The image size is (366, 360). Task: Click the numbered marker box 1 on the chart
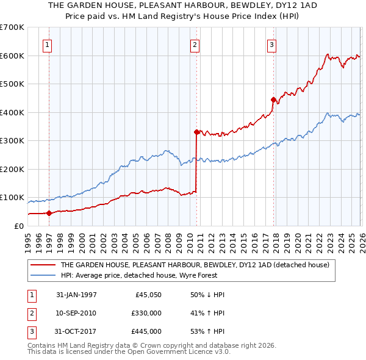click(x=48, y=44)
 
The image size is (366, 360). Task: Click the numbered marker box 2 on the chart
click(x=195, y=44)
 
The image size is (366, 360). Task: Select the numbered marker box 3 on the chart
click(x=271, y=44)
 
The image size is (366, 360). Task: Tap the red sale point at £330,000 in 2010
click(x=196, y=132)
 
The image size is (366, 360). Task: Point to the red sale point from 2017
click(x=273, y=99)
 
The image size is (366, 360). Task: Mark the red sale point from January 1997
click(x=49, y=213)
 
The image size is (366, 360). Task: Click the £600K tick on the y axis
click(x=12, y=56)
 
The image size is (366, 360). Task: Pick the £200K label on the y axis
click(x=12, y=169)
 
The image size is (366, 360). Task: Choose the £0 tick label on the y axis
click(x=18, y=226)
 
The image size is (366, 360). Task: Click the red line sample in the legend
click(x=43, y=265)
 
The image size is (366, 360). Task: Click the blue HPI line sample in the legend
click(x=43, y=275)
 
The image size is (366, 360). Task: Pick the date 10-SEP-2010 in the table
click(x=76, y=313)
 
